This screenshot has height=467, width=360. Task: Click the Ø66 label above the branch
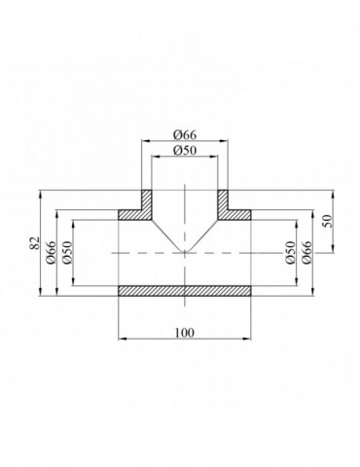[x=185, y=133]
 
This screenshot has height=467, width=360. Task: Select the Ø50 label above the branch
[x=185, y=151]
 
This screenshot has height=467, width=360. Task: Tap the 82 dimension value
[x=33, y=242]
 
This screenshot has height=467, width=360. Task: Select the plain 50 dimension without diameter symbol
[x=327, y=221]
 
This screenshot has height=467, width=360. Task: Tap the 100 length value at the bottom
[x=185, y=332]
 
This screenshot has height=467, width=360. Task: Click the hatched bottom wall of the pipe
[x=185, y=290]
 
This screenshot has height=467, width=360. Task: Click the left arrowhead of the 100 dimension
[x=121, y=339]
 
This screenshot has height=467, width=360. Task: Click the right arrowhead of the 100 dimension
[x=250, y=339]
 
